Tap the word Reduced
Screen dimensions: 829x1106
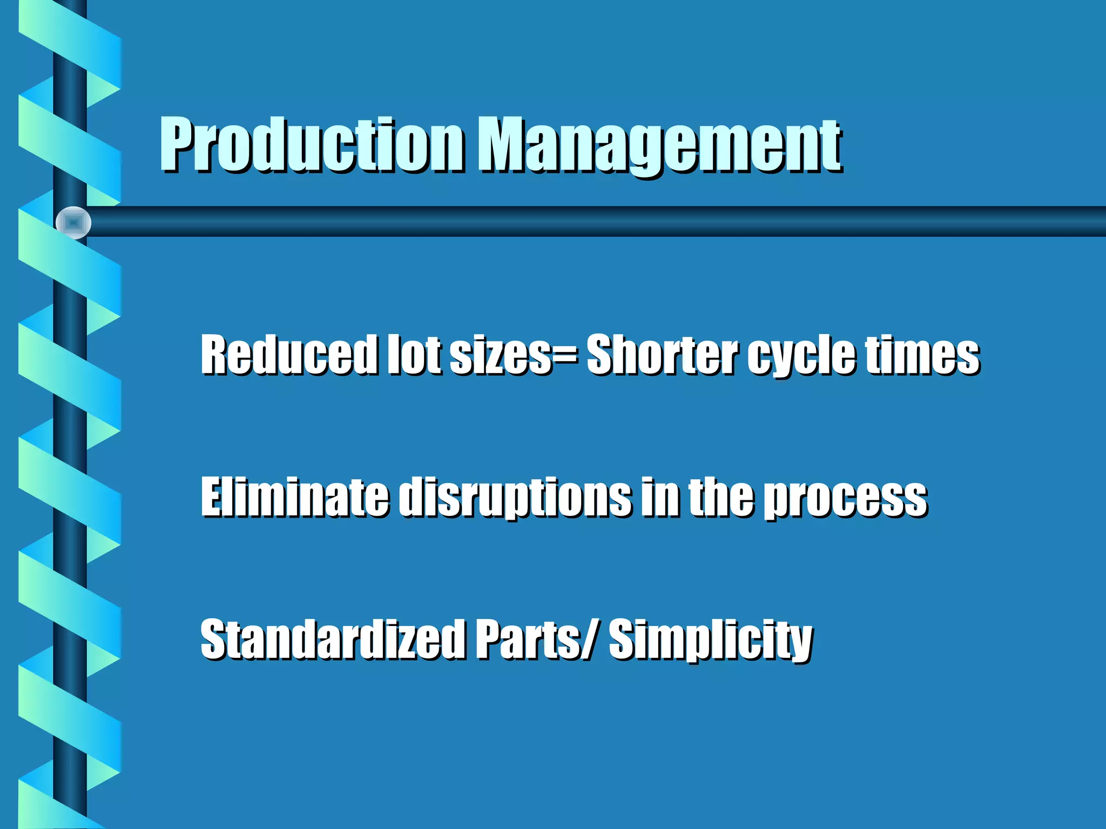288,355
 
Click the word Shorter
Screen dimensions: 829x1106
662,355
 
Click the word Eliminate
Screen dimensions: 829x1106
294,497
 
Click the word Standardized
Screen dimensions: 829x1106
332,639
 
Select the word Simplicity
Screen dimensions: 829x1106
711,640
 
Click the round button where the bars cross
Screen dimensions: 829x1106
73,222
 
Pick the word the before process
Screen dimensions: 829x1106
721,497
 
